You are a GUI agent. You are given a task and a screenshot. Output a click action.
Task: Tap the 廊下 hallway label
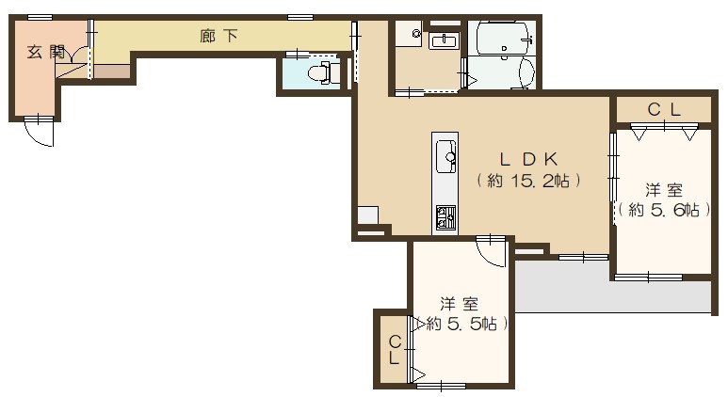(x=218, y=37)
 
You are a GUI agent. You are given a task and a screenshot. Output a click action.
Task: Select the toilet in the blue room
(x=321, y=73)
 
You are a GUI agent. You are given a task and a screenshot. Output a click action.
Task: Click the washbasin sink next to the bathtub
(x=442, y=40)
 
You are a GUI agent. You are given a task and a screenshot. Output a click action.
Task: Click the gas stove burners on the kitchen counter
(x=445, y=218)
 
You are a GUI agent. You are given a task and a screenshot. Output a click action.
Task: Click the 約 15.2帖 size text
(x=526, y=181)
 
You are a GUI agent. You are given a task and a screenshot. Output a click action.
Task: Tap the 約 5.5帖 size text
(x=461, y=324)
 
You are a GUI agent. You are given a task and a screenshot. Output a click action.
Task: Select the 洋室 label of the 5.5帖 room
(x=461, y=303)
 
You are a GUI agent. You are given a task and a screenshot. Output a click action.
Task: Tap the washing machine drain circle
(x=415, y=34)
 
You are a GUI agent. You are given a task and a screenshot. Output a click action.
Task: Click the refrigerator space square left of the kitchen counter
(x=367, y=214)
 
